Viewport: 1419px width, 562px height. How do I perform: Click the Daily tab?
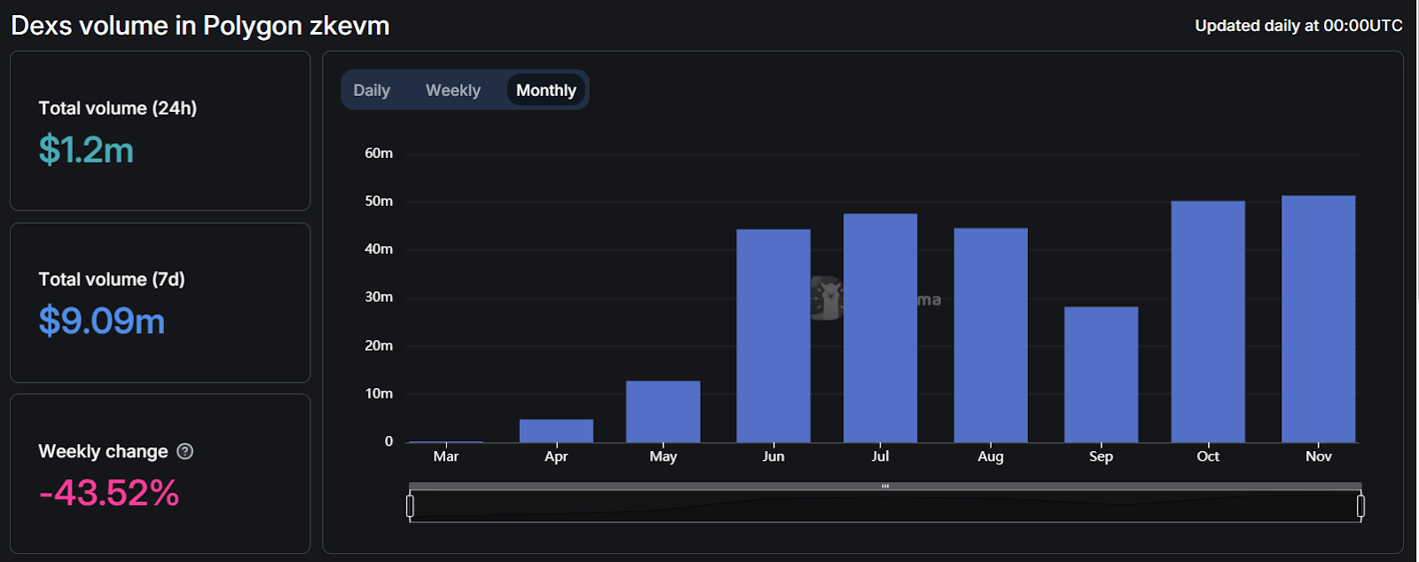(372, 91)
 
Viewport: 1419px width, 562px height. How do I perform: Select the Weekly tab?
(452, 91)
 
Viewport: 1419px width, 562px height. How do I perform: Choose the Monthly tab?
(545, 91)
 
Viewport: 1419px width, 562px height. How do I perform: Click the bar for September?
(1101, 375)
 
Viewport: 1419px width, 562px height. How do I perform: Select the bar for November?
(1318, 320)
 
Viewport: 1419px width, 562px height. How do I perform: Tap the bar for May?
(662, 412)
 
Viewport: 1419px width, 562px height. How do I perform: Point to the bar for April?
(556, 431)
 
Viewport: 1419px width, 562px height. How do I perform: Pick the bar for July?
(880, 328)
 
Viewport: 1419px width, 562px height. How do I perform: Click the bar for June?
(772, 336)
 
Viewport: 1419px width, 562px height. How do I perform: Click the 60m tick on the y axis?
(379, 154)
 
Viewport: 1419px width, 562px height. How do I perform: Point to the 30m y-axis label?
(379, 297)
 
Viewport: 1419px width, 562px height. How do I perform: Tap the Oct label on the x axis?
(1208, 456)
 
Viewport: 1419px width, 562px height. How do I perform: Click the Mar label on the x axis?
(446, 456)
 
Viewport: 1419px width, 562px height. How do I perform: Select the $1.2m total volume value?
(86, 150)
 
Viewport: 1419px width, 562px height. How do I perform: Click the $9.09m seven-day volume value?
(102, 321)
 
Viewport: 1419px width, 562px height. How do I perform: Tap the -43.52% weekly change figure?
(109, 493)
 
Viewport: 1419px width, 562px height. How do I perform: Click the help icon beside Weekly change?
(184, 451)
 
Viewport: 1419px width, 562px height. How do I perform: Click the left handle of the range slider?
(410, 506)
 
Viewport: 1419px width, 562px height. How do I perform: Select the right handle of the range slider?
(1360, 506)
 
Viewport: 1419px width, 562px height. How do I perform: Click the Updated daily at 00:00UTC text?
(1298, 26)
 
